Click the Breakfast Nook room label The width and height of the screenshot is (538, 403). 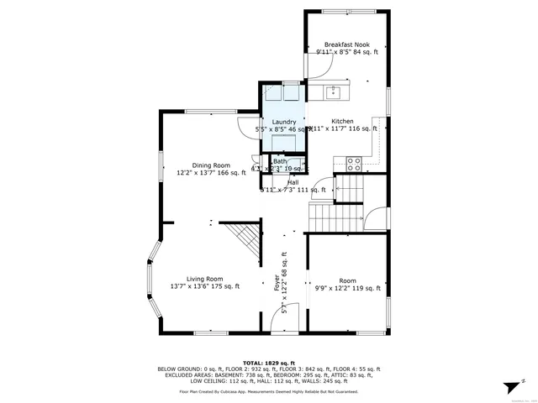[x=347, y=44]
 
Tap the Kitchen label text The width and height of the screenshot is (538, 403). [x=342, y=121]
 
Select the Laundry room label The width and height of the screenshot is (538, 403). [x=283, y=122]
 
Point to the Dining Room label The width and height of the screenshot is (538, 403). [x=210, y=165]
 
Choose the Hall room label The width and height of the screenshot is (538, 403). [x=293, y=182]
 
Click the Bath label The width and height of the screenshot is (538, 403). [x=279, y=161]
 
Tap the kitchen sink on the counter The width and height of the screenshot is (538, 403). [x=334, y=90]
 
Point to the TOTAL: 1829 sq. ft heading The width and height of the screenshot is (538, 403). [x=268, y=361]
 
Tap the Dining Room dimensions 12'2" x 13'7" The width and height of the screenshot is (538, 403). [x=210, y=173]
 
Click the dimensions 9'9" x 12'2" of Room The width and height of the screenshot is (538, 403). [x=347, y=288]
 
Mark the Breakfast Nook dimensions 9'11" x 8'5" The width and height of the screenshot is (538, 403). [x=347, y=52]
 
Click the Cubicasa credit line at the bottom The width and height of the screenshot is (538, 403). [x=268, y=391]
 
